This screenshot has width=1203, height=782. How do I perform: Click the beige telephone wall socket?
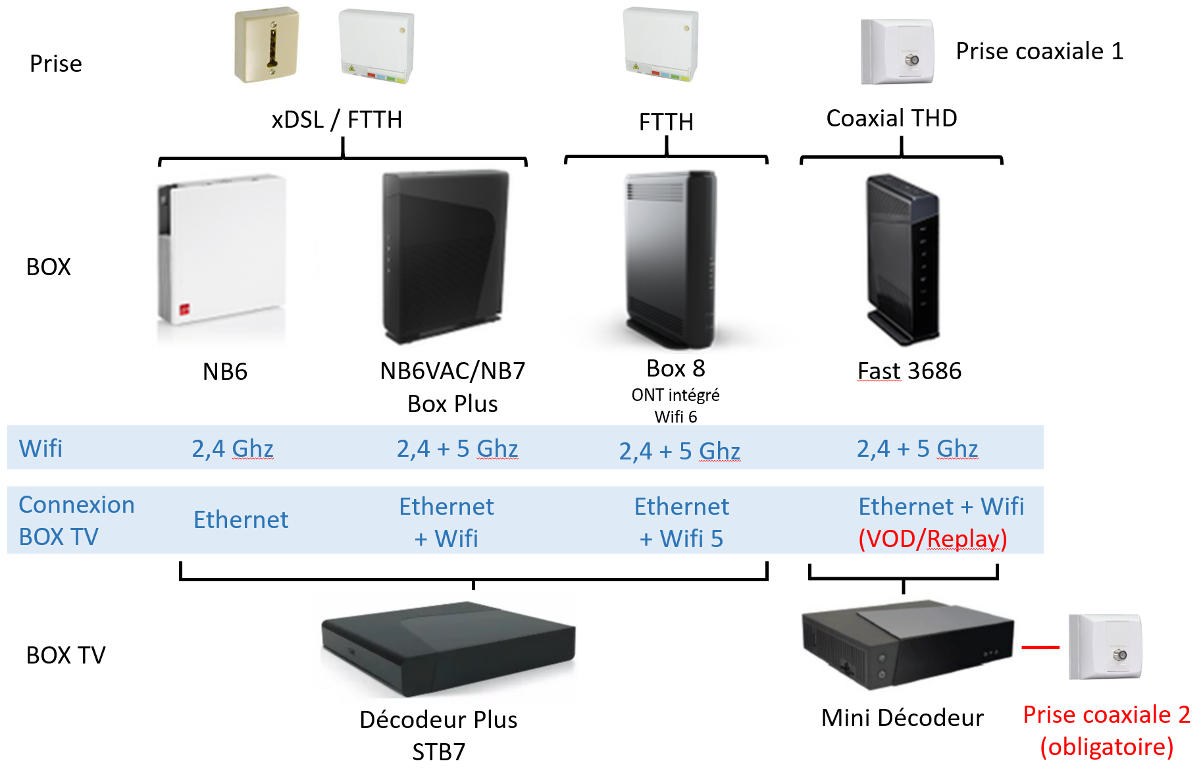[x=267, y=45]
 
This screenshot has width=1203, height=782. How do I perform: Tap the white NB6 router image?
[x=222, y=250]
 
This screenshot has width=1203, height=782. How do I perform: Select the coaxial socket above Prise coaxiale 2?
[x=1106, y=646]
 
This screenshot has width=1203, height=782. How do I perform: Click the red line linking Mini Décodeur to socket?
[x=1040, y=647]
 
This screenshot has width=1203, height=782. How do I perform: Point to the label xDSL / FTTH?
[x=337, y=120]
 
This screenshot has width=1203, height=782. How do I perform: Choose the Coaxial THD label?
[x=892, y=118]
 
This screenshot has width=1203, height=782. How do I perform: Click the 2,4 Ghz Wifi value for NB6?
[x=232, y=449]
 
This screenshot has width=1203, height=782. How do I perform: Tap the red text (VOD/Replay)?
[x=933, y=539]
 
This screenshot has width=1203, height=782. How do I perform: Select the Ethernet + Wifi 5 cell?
[x=682, y=523]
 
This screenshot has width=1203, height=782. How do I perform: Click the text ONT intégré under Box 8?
[x=675, y=395]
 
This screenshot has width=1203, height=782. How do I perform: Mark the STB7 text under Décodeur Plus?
[x=438, y=752]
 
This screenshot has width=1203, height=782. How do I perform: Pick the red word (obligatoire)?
[x=1107, y=747]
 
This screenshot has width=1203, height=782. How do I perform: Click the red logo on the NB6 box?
[x=185, y=310]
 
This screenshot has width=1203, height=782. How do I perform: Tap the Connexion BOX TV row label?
[x=76, y=521]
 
